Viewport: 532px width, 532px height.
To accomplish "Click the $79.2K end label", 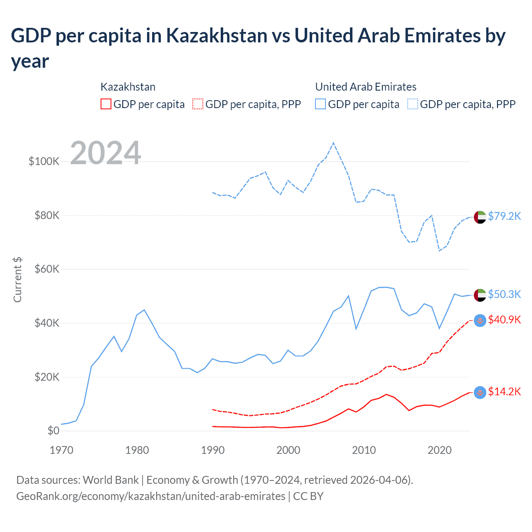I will [x=504, y=216].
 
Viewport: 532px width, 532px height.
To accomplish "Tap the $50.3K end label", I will [x=504, y=294].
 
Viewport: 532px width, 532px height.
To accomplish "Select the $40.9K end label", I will [x=504, y=320].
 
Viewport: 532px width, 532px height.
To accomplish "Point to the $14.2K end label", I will [x=504, y=392].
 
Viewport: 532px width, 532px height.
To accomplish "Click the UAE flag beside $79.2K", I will [x=480, y=217].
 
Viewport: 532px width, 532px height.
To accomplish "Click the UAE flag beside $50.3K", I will [x=480, y=295].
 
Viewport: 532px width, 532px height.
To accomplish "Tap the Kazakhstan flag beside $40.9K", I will [x=480, y=320].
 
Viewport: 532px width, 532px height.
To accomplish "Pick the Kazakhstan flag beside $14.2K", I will [x=480, y=392].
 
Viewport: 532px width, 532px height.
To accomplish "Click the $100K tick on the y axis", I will [x=44, y=161].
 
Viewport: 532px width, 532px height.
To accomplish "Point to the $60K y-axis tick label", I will [x=47, y=269].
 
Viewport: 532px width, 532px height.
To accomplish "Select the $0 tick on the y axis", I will [x=53, y=431].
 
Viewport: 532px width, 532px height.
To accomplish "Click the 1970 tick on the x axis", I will [x=62, y=450].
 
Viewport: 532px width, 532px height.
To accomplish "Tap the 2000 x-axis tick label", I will [x=288, y=450].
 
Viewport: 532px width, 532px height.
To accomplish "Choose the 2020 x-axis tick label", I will [x=440, y=450].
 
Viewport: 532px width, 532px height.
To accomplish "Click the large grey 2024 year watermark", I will [x=106, y=153].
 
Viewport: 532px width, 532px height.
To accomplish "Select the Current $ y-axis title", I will [x=17, y=280].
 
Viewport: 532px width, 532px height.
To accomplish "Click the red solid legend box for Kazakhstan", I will [x=106, y=104].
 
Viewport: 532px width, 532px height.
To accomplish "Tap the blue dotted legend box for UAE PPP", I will [x=413, y=104].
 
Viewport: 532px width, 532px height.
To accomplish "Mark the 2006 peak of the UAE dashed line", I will [x=333, y=143].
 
